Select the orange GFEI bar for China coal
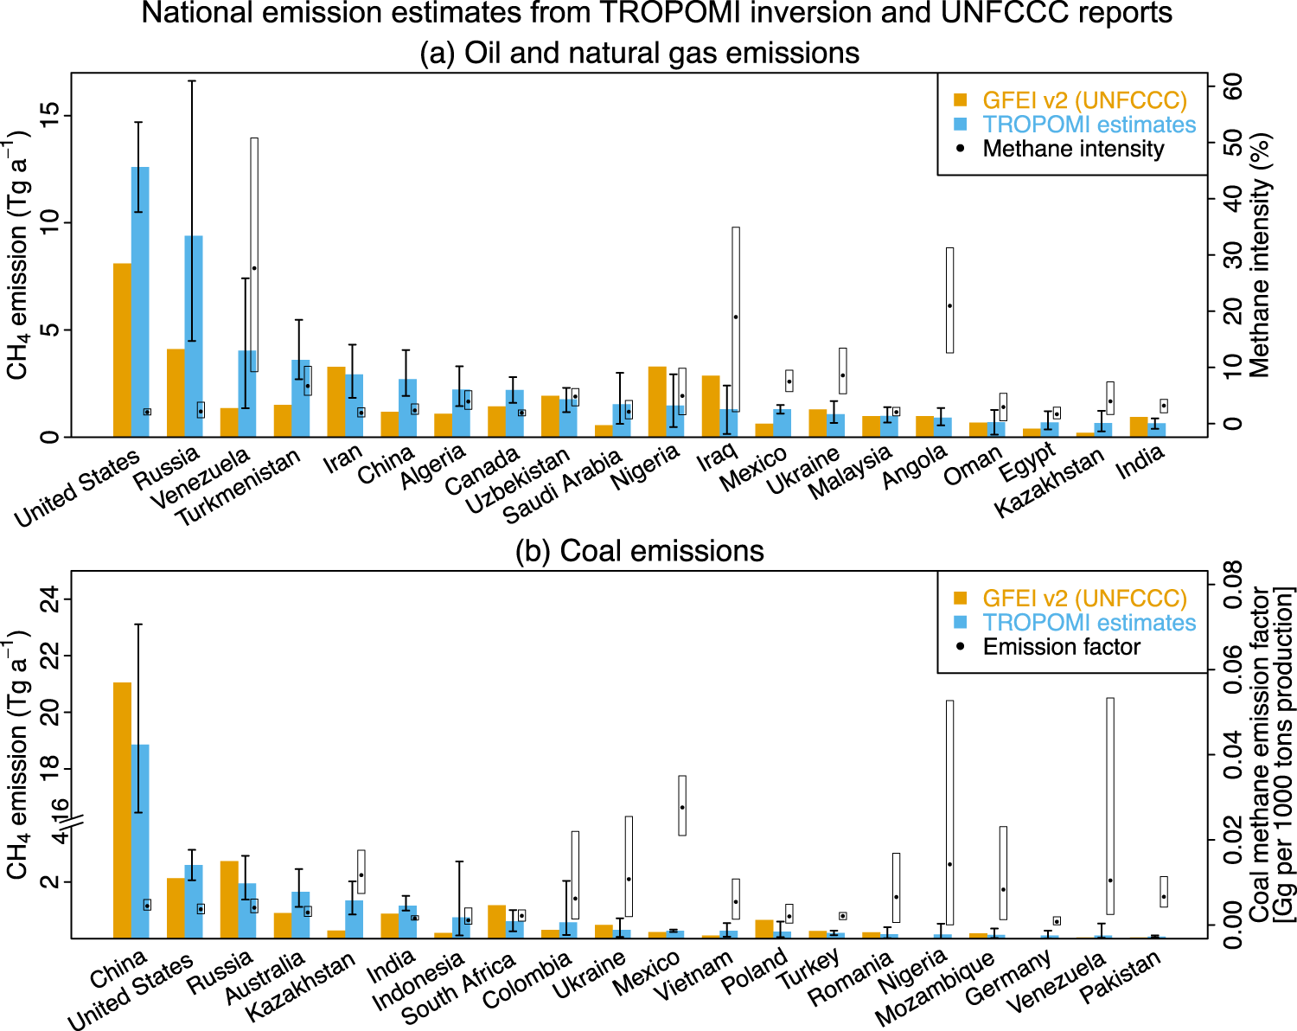pos(122,809)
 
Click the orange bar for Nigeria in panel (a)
pos(657,401)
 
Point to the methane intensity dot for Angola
pos(949,305)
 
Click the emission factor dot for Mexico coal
pos(682,807)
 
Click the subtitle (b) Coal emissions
pos(639,551)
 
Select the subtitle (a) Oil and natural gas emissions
pos(639,53)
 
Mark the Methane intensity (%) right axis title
pos(1260,255)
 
